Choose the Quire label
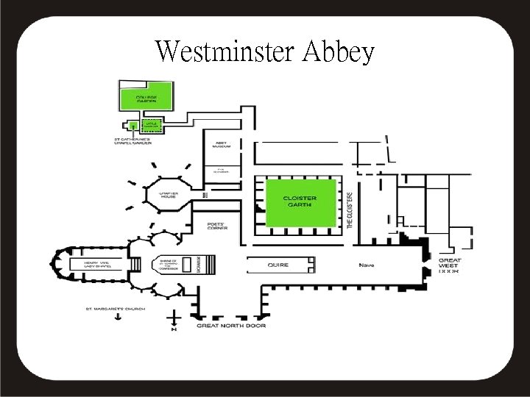[279, 264]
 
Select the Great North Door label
[231, 324]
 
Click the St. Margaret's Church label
[116, 308]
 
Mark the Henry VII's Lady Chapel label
[96, 264]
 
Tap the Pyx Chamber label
[222, 172]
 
